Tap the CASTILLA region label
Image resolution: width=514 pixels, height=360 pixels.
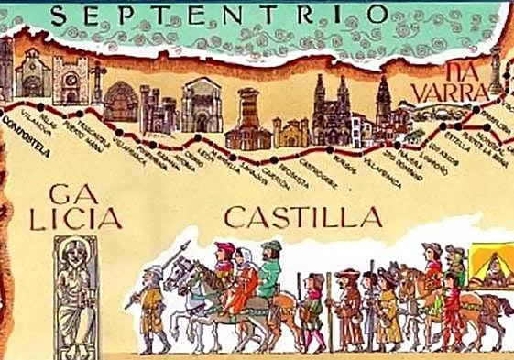[302, 217]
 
